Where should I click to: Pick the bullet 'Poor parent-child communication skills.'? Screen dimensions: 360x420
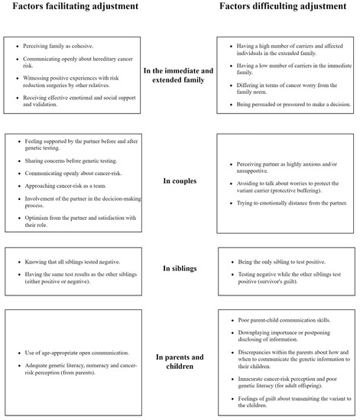[x=279, y=319]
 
